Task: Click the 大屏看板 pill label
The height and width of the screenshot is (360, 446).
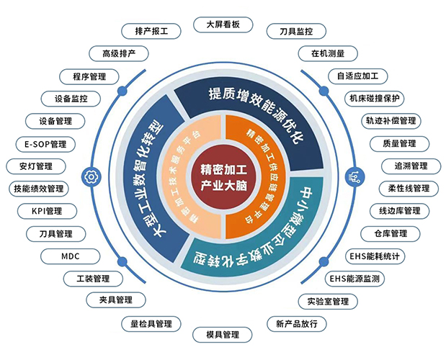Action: coord(223,24)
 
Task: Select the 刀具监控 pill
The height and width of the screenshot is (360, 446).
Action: coord(296,31)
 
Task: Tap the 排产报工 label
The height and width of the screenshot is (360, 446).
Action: coord(151,31)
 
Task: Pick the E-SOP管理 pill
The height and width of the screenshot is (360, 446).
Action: coord(45,144)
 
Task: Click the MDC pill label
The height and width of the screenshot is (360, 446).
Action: coord(71,256)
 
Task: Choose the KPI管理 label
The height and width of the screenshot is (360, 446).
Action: coord(47,211)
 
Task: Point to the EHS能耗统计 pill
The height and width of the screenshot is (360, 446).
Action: coord(375,256)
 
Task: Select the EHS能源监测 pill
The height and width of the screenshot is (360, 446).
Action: coord(354,279)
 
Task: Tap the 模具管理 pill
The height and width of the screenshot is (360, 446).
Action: coord(223,335)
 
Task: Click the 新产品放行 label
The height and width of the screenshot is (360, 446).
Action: coord(297,323)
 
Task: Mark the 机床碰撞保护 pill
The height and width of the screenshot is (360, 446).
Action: coord(375,99)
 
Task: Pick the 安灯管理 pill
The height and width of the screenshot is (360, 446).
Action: coord(36,166)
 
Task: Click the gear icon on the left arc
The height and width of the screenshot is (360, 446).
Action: coord(91,177)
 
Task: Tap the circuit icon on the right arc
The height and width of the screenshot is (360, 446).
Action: coord(354,177)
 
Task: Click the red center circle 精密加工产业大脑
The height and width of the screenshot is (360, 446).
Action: coord(223,178)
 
